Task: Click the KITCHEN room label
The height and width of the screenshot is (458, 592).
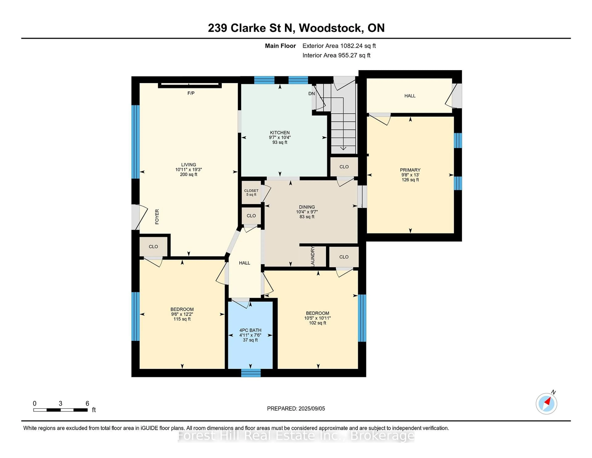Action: coord(280,133)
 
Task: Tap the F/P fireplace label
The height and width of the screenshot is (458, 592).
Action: coord(191,93)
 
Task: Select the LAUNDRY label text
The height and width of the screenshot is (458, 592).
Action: coord(312,256)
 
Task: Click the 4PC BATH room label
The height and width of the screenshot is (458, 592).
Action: coord(250,330)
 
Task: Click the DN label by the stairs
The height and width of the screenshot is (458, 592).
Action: coord(311,94)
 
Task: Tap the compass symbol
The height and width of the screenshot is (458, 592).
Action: coord(546,404)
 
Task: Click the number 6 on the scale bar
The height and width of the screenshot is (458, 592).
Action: coord(87,403)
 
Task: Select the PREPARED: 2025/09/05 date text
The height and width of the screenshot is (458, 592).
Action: coord(296,408)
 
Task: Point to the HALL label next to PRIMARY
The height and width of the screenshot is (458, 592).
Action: coord(410,96)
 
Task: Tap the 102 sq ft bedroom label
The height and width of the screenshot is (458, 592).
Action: coord(317,323)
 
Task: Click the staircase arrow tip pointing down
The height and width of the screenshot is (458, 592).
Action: coord(343,149)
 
